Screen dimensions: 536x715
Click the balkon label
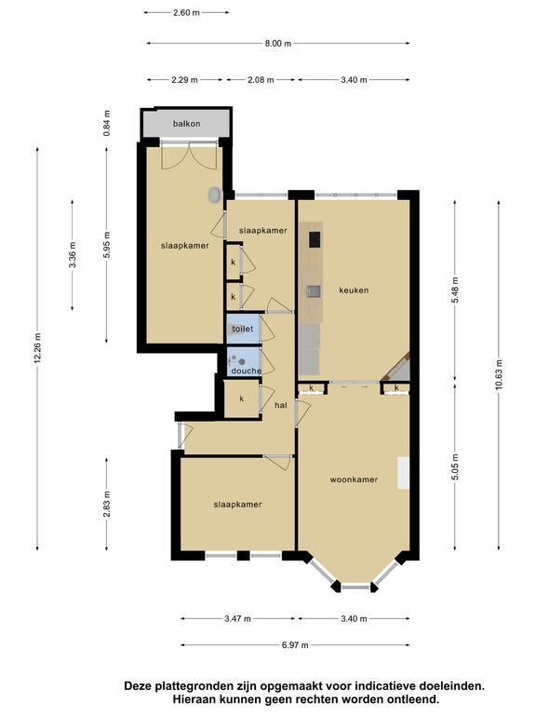pos(186,124)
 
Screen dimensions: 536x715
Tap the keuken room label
pos(354,290)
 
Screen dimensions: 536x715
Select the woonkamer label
pos(354,479)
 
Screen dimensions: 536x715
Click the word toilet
pos(243,329)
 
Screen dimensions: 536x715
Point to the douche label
pos(246,371)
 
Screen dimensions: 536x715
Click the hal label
pos(281,405)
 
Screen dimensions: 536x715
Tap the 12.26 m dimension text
pos(38,348)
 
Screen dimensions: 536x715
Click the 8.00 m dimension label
pos(278,44)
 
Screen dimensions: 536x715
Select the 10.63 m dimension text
pos(499,374)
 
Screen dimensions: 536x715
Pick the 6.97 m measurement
pos(295,645)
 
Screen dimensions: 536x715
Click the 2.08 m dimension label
pos(261,80)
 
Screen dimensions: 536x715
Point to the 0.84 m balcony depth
pos(107,123)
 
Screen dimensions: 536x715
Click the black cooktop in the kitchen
pos(315,239)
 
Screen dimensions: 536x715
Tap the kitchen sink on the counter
pos(313,290)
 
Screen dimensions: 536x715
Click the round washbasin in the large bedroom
pos(215,195)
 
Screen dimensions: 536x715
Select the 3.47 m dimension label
pos(237,619)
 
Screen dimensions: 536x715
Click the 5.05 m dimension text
pos(455,467)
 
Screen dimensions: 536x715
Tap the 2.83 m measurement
pos(107,505)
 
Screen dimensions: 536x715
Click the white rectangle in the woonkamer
pos(403,473)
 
